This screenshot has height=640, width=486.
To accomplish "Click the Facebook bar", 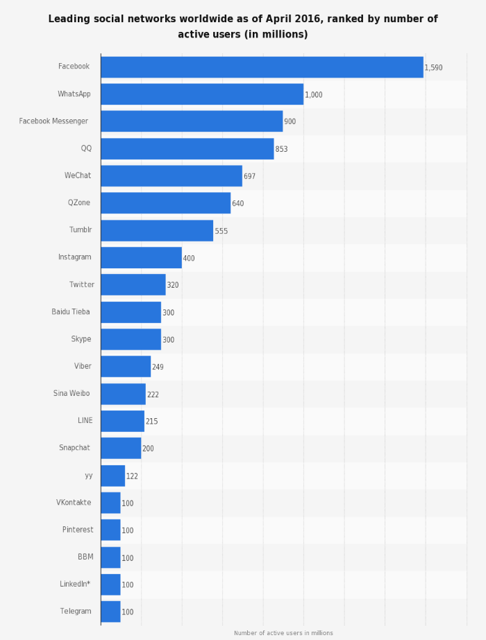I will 262,67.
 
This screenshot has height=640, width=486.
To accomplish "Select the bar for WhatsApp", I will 202,94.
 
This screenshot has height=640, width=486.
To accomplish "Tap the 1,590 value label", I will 433,68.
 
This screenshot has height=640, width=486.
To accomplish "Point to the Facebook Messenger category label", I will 53,121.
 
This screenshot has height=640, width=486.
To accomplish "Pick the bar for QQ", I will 187,149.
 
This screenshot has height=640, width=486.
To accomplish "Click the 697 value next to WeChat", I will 249,176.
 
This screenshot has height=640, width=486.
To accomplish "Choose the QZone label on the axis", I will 79,203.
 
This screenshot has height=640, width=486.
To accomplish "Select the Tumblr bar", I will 157,231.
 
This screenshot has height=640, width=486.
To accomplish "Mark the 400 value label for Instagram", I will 189,258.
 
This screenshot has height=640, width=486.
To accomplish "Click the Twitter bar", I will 133,285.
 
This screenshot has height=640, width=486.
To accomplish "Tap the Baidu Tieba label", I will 71,312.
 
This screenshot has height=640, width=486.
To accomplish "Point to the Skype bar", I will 131,340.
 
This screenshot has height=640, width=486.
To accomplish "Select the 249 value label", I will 158,367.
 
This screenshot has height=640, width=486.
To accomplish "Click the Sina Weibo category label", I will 72,394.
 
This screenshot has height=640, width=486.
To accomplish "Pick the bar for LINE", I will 122,421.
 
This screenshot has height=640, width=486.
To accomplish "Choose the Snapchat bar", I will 121,449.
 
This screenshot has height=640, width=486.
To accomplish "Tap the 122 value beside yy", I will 132,476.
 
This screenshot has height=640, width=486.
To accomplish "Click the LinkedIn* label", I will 75,584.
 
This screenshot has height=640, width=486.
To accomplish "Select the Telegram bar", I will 110,612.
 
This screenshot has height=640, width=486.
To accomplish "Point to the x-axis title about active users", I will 283,633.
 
